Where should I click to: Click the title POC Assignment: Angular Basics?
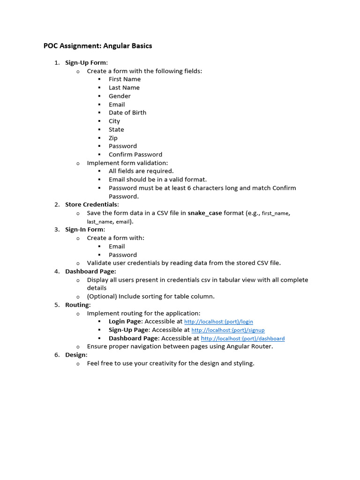(x=97, y=46)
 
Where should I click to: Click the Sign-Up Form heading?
(x=86, y=62)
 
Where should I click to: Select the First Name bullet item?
(x=124, y=79)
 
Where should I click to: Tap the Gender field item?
(x=120, y=96)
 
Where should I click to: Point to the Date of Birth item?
(x=127, y=112)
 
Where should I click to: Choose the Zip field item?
(x=113, y=138)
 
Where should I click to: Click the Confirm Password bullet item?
(x=135, y=154)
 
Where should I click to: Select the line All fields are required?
(x=141, y=171)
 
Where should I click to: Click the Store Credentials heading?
(x=91, y=204)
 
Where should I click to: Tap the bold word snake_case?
(x=205, y=213)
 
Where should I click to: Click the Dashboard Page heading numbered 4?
(x=90, y=271)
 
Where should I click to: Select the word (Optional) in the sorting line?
(x=102, y=296)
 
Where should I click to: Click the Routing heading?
(x=77, y=305)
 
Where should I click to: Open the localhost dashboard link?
(x=242, y=338)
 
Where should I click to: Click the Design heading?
(x=76, y=355)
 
